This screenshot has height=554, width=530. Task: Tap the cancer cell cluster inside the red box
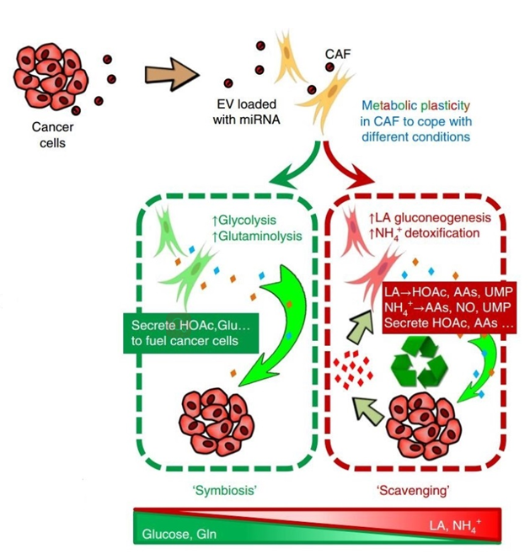click(424, 421)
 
